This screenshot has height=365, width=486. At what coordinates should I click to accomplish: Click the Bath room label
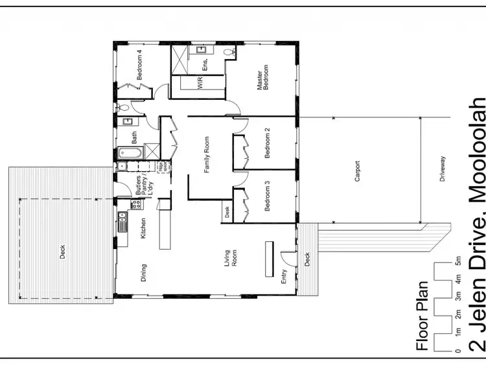point(135,137)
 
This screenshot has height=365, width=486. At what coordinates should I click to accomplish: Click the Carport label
point(356,176)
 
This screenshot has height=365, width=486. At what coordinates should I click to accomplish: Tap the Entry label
point(284,277)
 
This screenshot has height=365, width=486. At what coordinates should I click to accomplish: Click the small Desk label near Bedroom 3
point(227,211)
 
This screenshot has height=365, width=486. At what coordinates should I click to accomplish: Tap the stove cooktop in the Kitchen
point(137,204)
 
